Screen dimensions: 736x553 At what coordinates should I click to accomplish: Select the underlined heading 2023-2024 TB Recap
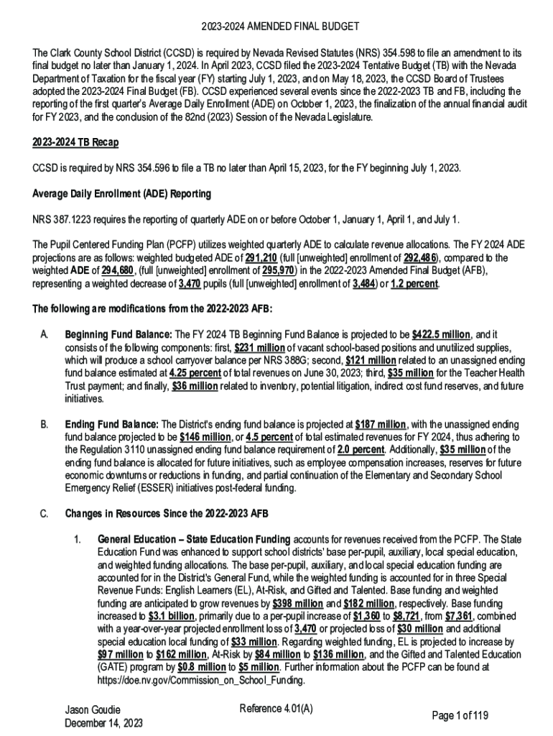(x=75, y=142)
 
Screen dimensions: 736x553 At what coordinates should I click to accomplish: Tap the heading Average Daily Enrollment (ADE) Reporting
(x=121, y=194)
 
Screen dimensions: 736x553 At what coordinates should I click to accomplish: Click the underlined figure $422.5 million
(x=441, y=335)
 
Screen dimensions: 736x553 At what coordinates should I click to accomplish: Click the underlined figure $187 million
(x=381, y=424)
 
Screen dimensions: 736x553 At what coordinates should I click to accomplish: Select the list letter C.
(x=43, y=514)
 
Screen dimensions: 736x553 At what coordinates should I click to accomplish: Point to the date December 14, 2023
(x=103, y=723)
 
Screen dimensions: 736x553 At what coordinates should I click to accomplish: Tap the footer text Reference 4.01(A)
(x=276, y=709)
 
